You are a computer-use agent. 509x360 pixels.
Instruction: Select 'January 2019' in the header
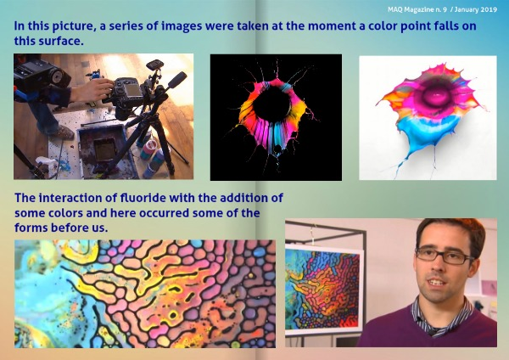[476, 9]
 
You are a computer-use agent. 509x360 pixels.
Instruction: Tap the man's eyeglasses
[444, 255]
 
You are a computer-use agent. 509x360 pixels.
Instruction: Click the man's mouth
[436, 283]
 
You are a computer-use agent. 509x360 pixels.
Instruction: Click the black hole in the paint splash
[272, 104]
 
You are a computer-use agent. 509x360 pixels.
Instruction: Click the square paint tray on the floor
[103, 150]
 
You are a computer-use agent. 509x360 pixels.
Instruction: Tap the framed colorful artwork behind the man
[324, 290]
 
